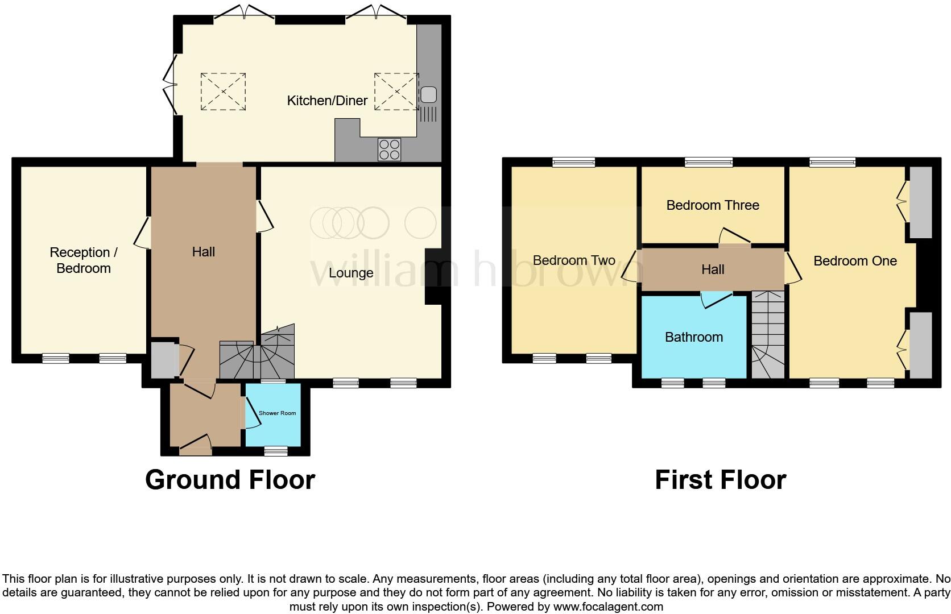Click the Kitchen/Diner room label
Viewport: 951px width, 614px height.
(327, 101)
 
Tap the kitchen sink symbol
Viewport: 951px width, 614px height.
(428, 94)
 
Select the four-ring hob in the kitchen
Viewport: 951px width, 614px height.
(389, 149)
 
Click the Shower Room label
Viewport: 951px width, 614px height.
(277, 413)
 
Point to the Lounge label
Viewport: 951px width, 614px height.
(351, 273)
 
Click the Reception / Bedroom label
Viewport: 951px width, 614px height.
(83, 260)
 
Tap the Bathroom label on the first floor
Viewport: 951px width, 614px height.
(693, 337)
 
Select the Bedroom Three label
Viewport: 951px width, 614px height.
(712, 205)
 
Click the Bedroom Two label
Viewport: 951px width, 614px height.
(573, 260)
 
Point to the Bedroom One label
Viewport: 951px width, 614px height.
(854, 261)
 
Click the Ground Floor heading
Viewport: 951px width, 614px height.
(230, 480)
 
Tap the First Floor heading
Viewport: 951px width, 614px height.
(720, 480)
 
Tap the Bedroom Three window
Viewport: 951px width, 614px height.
(709, 163)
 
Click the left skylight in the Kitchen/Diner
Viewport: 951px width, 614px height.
(223, 91)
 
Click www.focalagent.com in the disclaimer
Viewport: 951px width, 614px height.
(607, 607)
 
